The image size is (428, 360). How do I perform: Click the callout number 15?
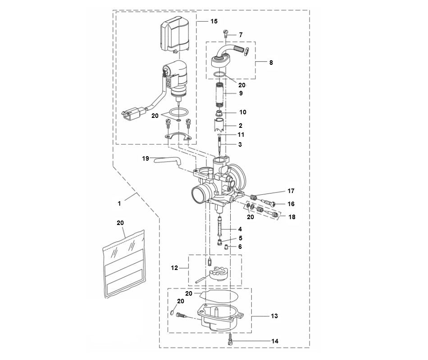point(214,21)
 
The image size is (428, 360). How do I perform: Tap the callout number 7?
point(241,35)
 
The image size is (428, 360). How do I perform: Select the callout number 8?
point(271,63)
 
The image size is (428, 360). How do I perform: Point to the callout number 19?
point(146,158)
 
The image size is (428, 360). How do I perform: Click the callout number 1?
point(119,203)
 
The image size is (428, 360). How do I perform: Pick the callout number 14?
point(274,342)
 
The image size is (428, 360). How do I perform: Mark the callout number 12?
point(175,268)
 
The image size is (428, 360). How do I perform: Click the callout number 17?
point(291,191)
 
